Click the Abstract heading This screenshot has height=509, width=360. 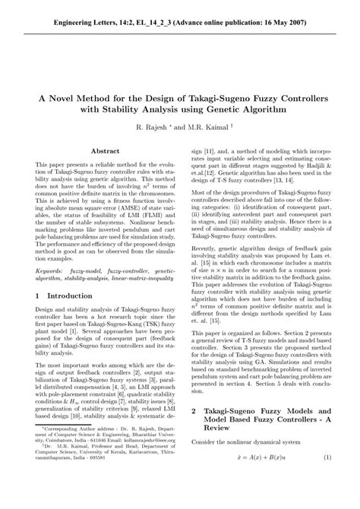[x=105, y=152]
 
